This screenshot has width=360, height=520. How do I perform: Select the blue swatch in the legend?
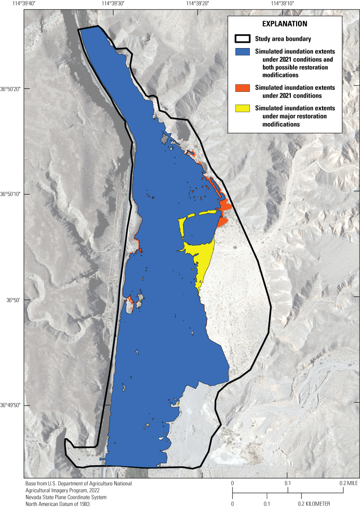click(243, 51)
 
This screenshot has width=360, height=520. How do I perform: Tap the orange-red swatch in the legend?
click(243, 87)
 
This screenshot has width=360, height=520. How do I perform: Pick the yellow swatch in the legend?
click(243, 108)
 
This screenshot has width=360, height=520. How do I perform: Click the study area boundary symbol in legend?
click(243, 39)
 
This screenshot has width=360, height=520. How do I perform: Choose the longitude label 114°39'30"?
click(112, 4)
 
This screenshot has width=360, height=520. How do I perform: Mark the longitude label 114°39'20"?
click(197, 4)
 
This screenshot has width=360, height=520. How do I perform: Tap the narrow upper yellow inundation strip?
click(202, 214)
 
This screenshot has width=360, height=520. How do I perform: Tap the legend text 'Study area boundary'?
click(283, 39)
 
